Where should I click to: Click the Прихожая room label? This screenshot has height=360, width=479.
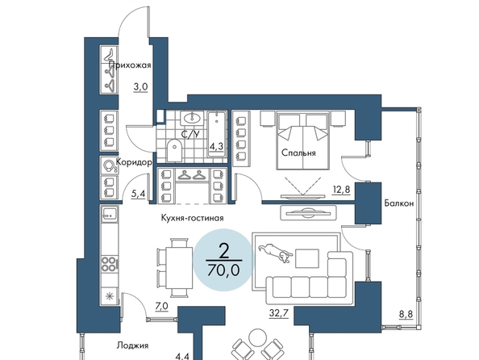130,65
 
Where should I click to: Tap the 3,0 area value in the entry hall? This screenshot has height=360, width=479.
140,87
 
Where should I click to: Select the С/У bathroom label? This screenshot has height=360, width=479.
190,134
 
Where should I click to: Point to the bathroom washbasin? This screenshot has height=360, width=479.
192,118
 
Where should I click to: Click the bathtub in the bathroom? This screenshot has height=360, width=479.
217,134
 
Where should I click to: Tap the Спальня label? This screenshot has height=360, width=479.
298,153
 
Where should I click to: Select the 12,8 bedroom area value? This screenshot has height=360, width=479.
341,190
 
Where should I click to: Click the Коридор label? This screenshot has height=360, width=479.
134,162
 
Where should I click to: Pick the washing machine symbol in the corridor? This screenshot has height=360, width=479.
109,165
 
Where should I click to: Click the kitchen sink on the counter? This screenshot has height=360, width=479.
110,214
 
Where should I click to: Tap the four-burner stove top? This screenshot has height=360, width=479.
109,264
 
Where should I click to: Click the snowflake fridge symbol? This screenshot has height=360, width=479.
109,295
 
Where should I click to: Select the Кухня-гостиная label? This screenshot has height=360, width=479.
192,218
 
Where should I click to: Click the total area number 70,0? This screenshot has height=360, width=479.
223,270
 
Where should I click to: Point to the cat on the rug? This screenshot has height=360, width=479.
275,252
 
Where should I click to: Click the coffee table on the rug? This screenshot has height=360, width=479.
307,258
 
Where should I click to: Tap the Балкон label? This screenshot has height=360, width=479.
399,203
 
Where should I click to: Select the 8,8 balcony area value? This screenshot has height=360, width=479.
406,315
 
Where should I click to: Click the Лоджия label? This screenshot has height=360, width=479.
132,345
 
